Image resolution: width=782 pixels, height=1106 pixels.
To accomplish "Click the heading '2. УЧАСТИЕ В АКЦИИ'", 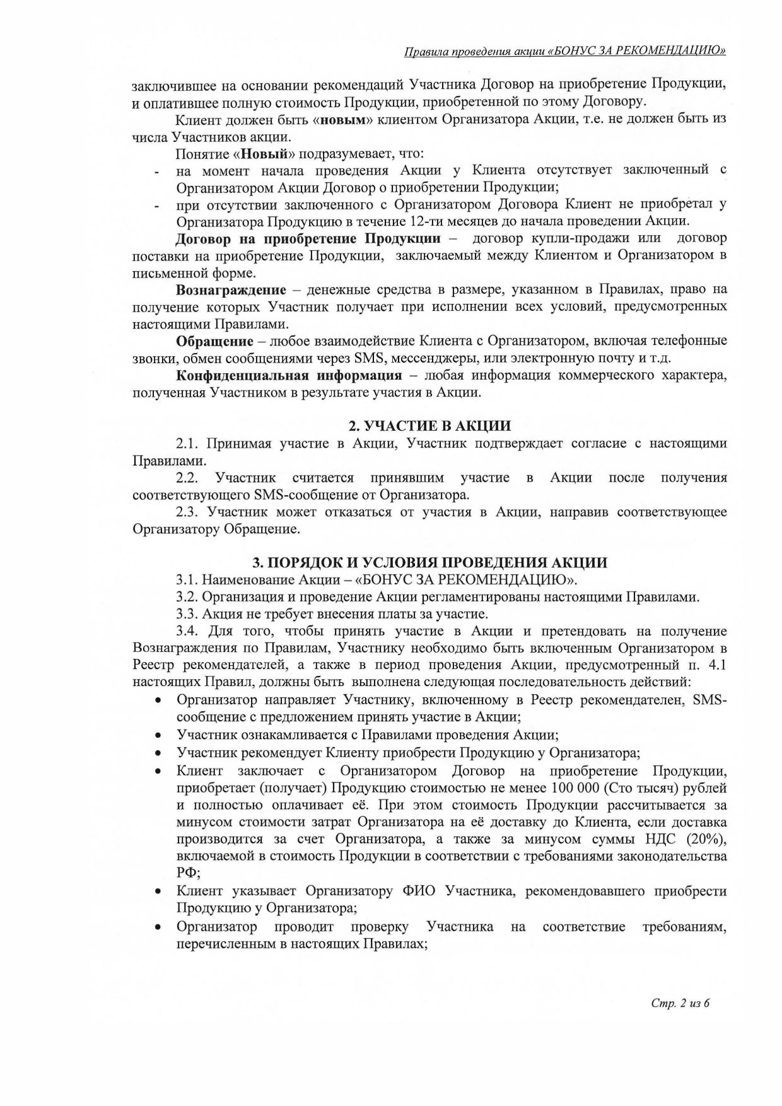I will point(429,425).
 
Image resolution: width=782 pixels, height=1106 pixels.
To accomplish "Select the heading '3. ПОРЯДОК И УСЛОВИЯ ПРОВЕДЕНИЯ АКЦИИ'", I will point(429,562).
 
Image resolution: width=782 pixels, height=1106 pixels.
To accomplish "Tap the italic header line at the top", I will point(564,51).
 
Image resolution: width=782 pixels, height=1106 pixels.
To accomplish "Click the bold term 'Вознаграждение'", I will point(231,289).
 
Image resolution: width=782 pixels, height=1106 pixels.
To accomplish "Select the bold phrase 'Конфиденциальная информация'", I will point(289,376).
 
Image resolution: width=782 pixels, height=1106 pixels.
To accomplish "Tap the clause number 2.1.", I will point(187,443).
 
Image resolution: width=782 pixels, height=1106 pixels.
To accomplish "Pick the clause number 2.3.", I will point(187,512).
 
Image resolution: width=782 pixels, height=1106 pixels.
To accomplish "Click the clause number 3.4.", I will point(187,631).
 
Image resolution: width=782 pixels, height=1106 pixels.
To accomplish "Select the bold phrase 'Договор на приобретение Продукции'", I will point(308,238).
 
